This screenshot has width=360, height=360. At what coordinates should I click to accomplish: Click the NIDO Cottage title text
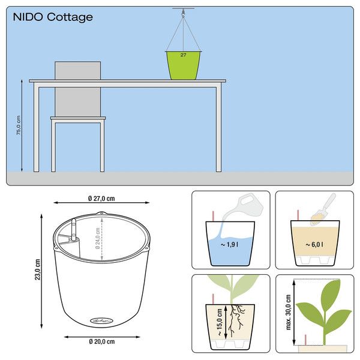53,17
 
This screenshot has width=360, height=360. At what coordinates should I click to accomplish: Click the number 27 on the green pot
184,55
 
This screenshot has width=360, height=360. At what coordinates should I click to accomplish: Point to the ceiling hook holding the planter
184,10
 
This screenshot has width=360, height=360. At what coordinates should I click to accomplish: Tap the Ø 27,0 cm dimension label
101,198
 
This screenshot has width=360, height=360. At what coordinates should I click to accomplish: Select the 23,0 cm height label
37,270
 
